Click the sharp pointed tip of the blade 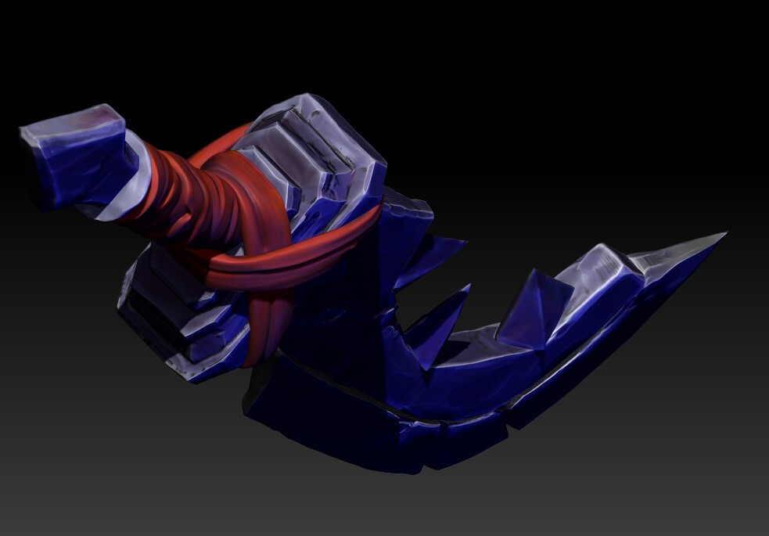coord(724,234)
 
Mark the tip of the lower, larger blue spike coord(468,287)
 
